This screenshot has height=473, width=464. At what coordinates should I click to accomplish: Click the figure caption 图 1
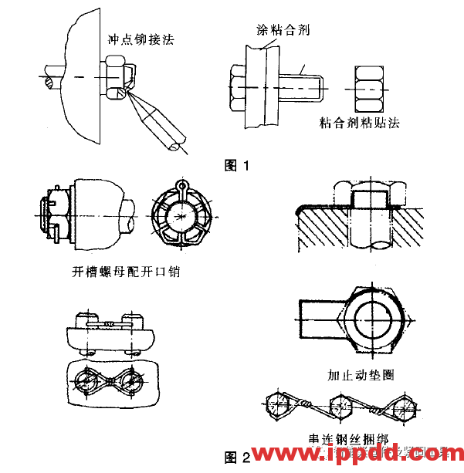pos(236,165)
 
